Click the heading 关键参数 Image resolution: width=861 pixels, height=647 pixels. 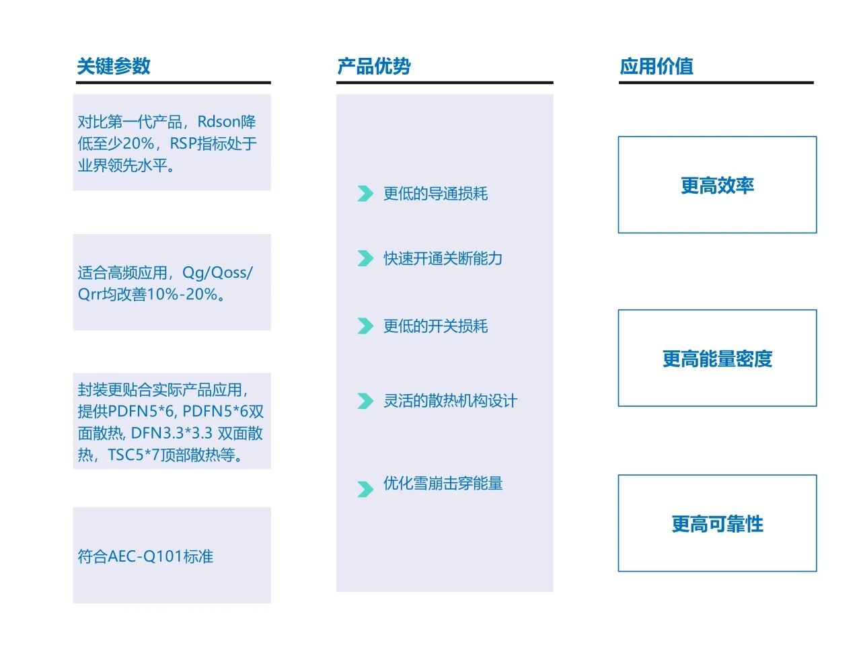(114, 66)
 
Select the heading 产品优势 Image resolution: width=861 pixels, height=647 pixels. (374, 66)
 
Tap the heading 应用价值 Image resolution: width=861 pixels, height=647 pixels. (656, 66)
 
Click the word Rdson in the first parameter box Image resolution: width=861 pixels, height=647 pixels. (219, 122)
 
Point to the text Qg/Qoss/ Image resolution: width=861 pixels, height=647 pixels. (217, 272)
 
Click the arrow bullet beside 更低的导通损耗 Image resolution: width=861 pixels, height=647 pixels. (365, 194)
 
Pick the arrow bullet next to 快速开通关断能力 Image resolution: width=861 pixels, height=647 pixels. (365, 258)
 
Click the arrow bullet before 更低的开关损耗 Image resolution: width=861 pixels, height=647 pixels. (365, 326)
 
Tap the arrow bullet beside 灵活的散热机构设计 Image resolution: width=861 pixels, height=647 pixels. (365, 401)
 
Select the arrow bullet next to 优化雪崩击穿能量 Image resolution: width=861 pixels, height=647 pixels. (365, 489)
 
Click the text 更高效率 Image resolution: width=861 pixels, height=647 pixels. (717, 185)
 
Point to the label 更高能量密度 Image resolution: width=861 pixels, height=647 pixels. (717, 358)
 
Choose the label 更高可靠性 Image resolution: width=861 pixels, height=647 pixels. (717, 524)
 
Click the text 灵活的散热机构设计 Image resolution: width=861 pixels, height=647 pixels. (450, 401)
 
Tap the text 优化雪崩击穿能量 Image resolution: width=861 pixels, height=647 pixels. (443, 483)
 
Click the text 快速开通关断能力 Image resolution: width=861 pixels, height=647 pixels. (443, 258)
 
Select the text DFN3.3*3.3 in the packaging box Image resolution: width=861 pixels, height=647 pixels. (172, 433)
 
